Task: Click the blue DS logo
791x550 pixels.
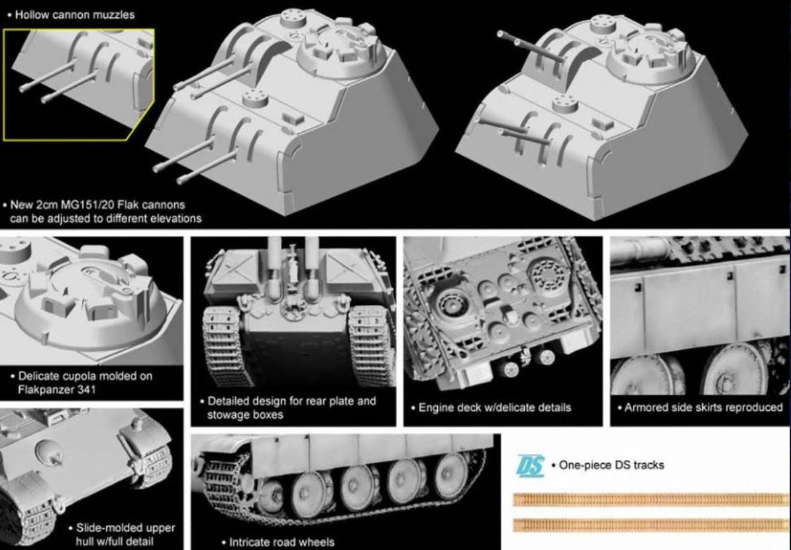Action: tap(530, 466)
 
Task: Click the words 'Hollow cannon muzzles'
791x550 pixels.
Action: tap(75, 15)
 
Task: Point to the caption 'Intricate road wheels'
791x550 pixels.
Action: tap(282, 543)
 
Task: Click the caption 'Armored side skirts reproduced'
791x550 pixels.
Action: tap(704, 408)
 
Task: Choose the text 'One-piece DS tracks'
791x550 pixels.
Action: tap(611, 465)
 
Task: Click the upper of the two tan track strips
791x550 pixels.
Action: tap(651, 500)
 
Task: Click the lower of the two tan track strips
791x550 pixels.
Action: tap(651, 525)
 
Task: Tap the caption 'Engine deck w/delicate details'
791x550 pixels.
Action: tap(494, 408)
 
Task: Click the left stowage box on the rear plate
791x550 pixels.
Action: tap(235, 271)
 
